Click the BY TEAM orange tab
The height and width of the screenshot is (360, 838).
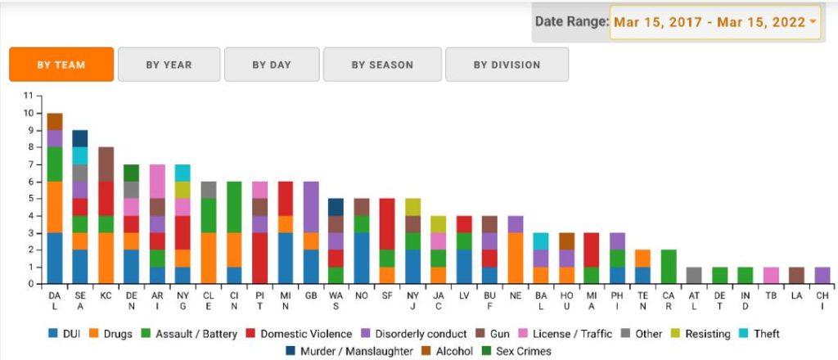pyautogui.click(x=61, y=65)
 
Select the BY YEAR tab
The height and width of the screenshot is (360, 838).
pyautogui.click(x=169, y=65)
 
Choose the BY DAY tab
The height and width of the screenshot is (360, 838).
pyautogui.click(x=272, y=65)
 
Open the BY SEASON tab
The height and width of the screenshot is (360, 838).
pyautogui.click(x=382, y=65)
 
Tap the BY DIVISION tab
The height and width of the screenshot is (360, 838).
pyautogui.click(x=507, y=65)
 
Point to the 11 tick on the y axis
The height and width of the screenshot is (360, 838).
pyautogui.click(x=29, y=96)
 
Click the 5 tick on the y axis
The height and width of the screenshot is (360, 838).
pyautogui.click(x=30, y=199)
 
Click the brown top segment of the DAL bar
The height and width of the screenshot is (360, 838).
pyautogui.click(x=55, y=121)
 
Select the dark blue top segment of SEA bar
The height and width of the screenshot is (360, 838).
pyautogui.click(x=80, y=138)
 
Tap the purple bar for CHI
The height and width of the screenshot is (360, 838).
pyautogui.click(x=823, y=276)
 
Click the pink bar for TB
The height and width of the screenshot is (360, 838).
pyautogui.click(x=772, y=276)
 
